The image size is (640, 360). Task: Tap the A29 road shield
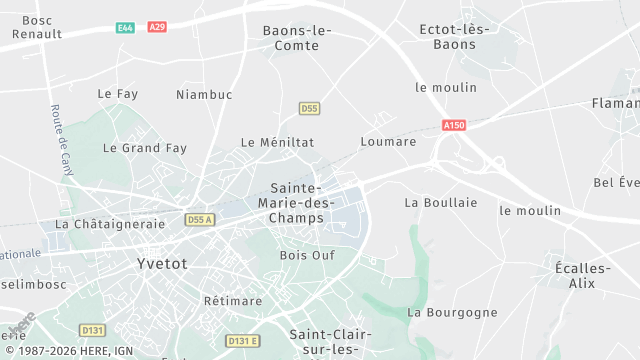pos(156,27)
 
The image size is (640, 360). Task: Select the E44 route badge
pos(125,27)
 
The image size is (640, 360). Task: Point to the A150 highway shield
pos(454,125)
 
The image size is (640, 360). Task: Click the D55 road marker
pos(309,107)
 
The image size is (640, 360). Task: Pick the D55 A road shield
pos(200,219)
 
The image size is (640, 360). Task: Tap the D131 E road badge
pos(242,341)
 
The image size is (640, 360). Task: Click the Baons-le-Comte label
pos(297,38)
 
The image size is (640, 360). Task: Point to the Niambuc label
pos(203,95)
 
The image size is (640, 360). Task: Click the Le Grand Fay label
pos(145,148)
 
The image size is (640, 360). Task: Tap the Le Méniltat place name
pos(277,143)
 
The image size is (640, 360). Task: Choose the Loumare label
pos(388,142)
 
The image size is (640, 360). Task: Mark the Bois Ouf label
pos(307,255)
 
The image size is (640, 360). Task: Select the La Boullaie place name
pos(440,202)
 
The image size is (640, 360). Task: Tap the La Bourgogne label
pos(452,312)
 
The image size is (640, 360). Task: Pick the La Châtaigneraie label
pos(104,224)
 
